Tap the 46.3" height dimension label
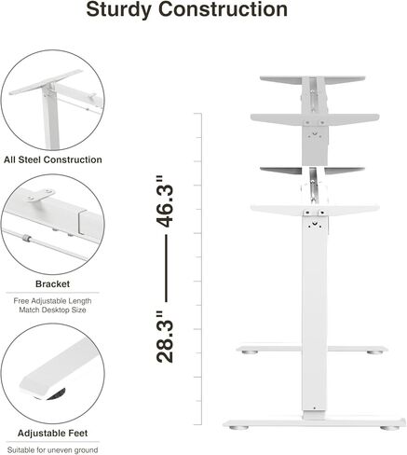pos(165,202)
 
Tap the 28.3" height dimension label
pos(165,337)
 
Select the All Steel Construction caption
pos(53,160)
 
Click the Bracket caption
pos(53,283)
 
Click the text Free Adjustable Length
pos(53,301)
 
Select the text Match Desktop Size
pos(53,312)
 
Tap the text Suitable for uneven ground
pos(53,450)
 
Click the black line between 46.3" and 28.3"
pos(165,270)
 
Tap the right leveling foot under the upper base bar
pos(374,353)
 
